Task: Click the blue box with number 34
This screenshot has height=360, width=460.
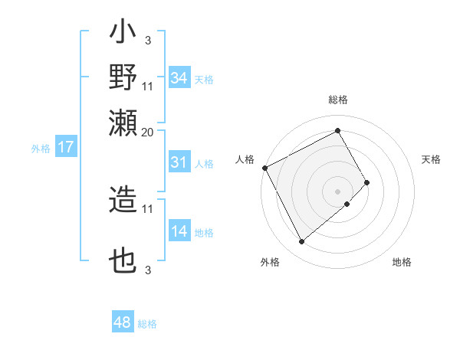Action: [x=179, y=78]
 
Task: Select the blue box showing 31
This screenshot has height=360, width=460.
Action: [x=179, y=162]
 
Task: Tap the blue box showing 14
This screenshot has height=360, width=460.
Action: [x=179, y=232]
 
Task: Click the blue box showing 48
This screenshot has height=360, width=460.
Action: [x=123, y=323]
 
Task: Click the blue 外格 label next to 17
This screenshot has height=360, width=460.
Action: [x=40, y=149]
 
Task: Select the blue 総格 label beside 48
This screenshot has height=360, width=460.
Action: [x=147, y=324]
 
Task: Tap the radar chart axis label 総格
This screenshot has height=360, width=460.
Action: [x=338, y=100]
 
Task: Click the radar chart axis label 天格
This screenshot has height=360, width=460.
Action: [x=432, y=159]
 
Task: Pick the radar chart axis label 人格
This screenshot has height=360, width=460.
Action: [x=245, y=159]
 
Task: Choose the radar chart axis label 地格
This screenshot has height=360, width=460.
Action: [x=402, y=262]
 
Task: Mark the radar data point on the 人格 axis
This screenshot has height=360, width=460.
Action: [x=264, y=168]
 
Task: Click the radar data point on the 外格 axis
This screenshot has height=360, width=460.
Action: [x=301, y=242]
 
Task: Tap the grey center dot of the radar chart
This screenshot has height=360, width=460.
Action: [x=338, y=191]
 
